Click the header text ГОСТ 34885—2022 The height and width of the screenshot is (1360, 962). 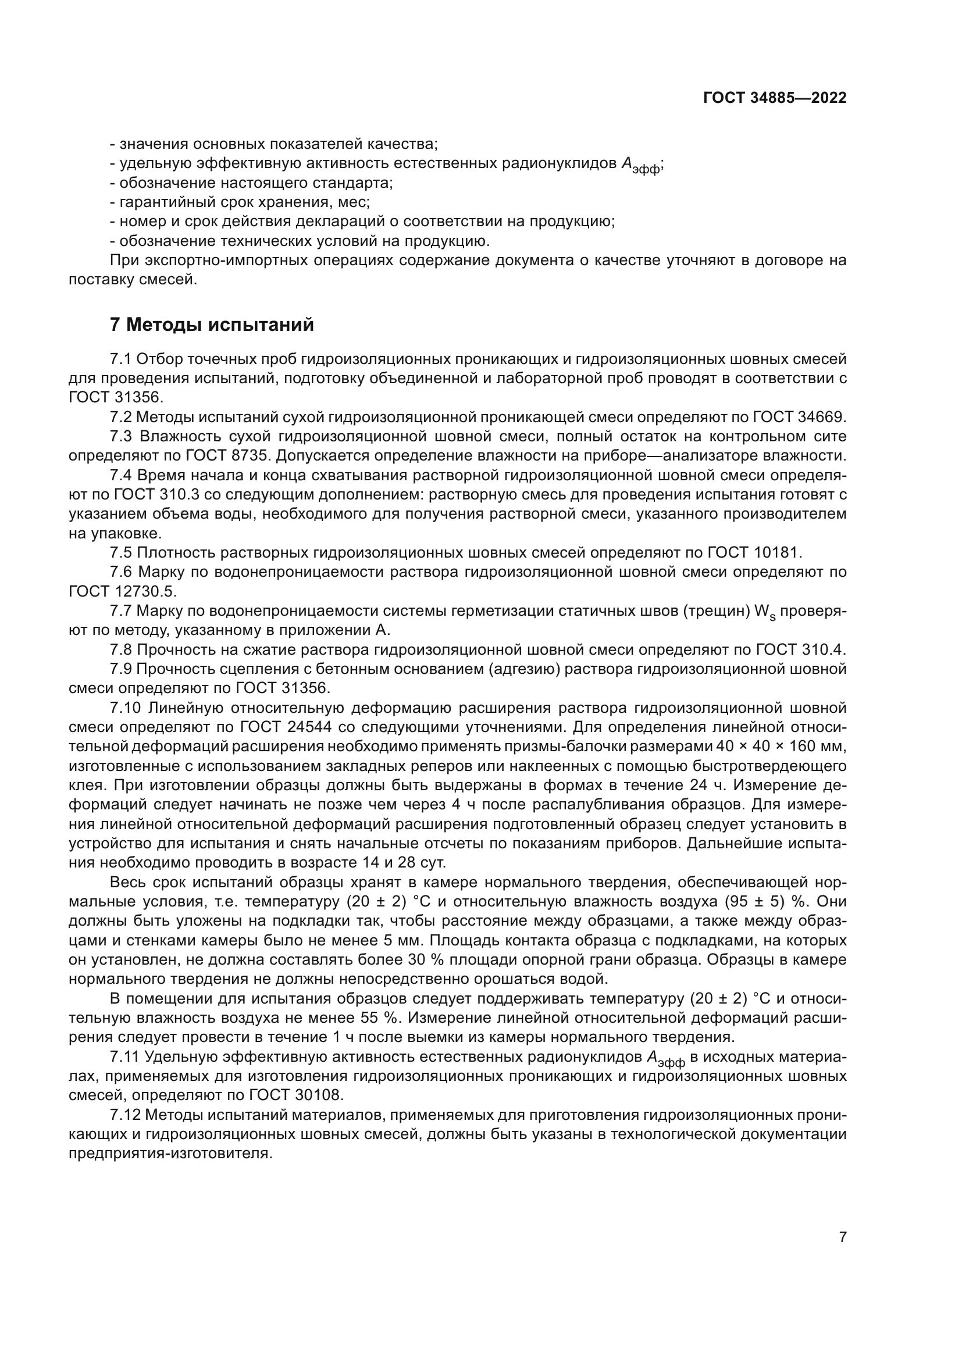point(774,98)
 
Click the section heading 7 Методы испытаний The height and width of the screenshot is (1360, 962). point(212,325)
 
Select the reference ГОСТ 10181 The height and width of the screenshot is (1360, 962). point(754,552)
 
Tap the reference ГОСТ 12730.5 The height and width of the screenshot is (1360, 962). point(122,591)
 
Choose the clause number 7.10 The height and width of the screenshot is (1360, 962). point(124,708)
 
